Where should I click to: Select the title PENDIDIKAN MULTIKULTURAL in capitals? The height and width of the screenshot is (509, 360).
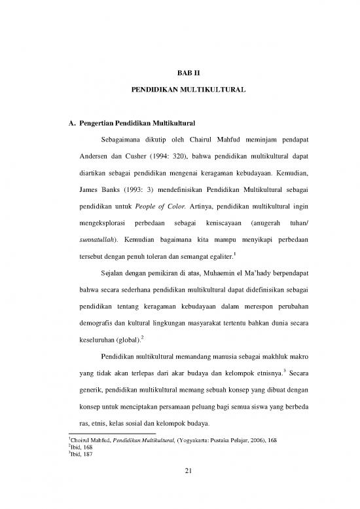(x=179, y=86)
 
